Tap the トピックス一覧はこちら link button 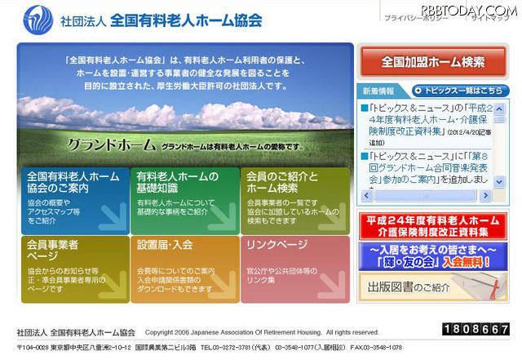pos(462,91)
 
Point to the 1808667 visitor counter pos(476,330)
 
